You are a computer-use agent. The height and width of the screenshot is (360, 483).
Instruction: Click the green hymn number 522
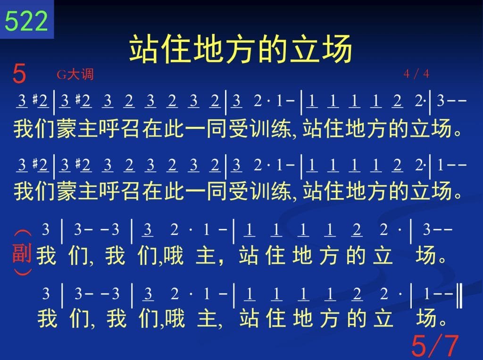click(x=26, y=21)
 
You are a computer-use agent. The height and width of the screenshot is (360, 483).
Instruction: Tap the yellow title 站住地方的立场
click(x=241, y=49)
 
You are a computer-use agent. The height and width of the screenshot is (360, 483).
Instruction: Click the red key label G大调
click(x=75, y=74)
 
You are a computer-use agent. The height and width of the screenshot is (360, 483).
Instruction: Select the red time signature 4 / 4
click(x=416, y=74)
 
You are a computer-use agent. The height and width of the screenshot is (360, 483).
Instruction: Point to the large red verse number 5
click(x=19, y=74)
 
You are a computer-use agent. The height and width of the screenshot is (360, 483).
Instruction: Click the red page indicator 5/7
click(x=435, y=346)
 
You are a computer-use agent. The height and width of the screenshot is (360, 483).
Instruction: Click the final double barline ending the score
click(x=459, y=296)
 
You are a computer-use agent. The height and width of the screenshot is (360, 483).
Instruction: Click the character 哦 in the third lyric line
click(x=174, y=256)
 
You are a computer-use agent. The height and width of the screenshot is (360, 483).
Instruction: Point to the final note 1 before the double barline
click(x=426, y=294)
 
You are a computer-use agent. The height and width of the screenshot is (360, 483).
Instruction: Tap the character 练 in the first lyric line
click(x=281, y=128)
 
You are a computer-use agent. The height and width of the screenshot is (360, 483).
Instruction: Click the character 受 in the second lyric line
click(x=238, y=191)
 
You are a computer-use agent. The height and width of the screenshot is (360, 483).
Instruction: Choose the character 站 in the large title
click(x=144, y=49)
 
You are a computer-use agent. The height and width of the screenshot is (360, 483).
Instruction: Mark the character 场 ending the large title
click(x=337, y=49)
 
